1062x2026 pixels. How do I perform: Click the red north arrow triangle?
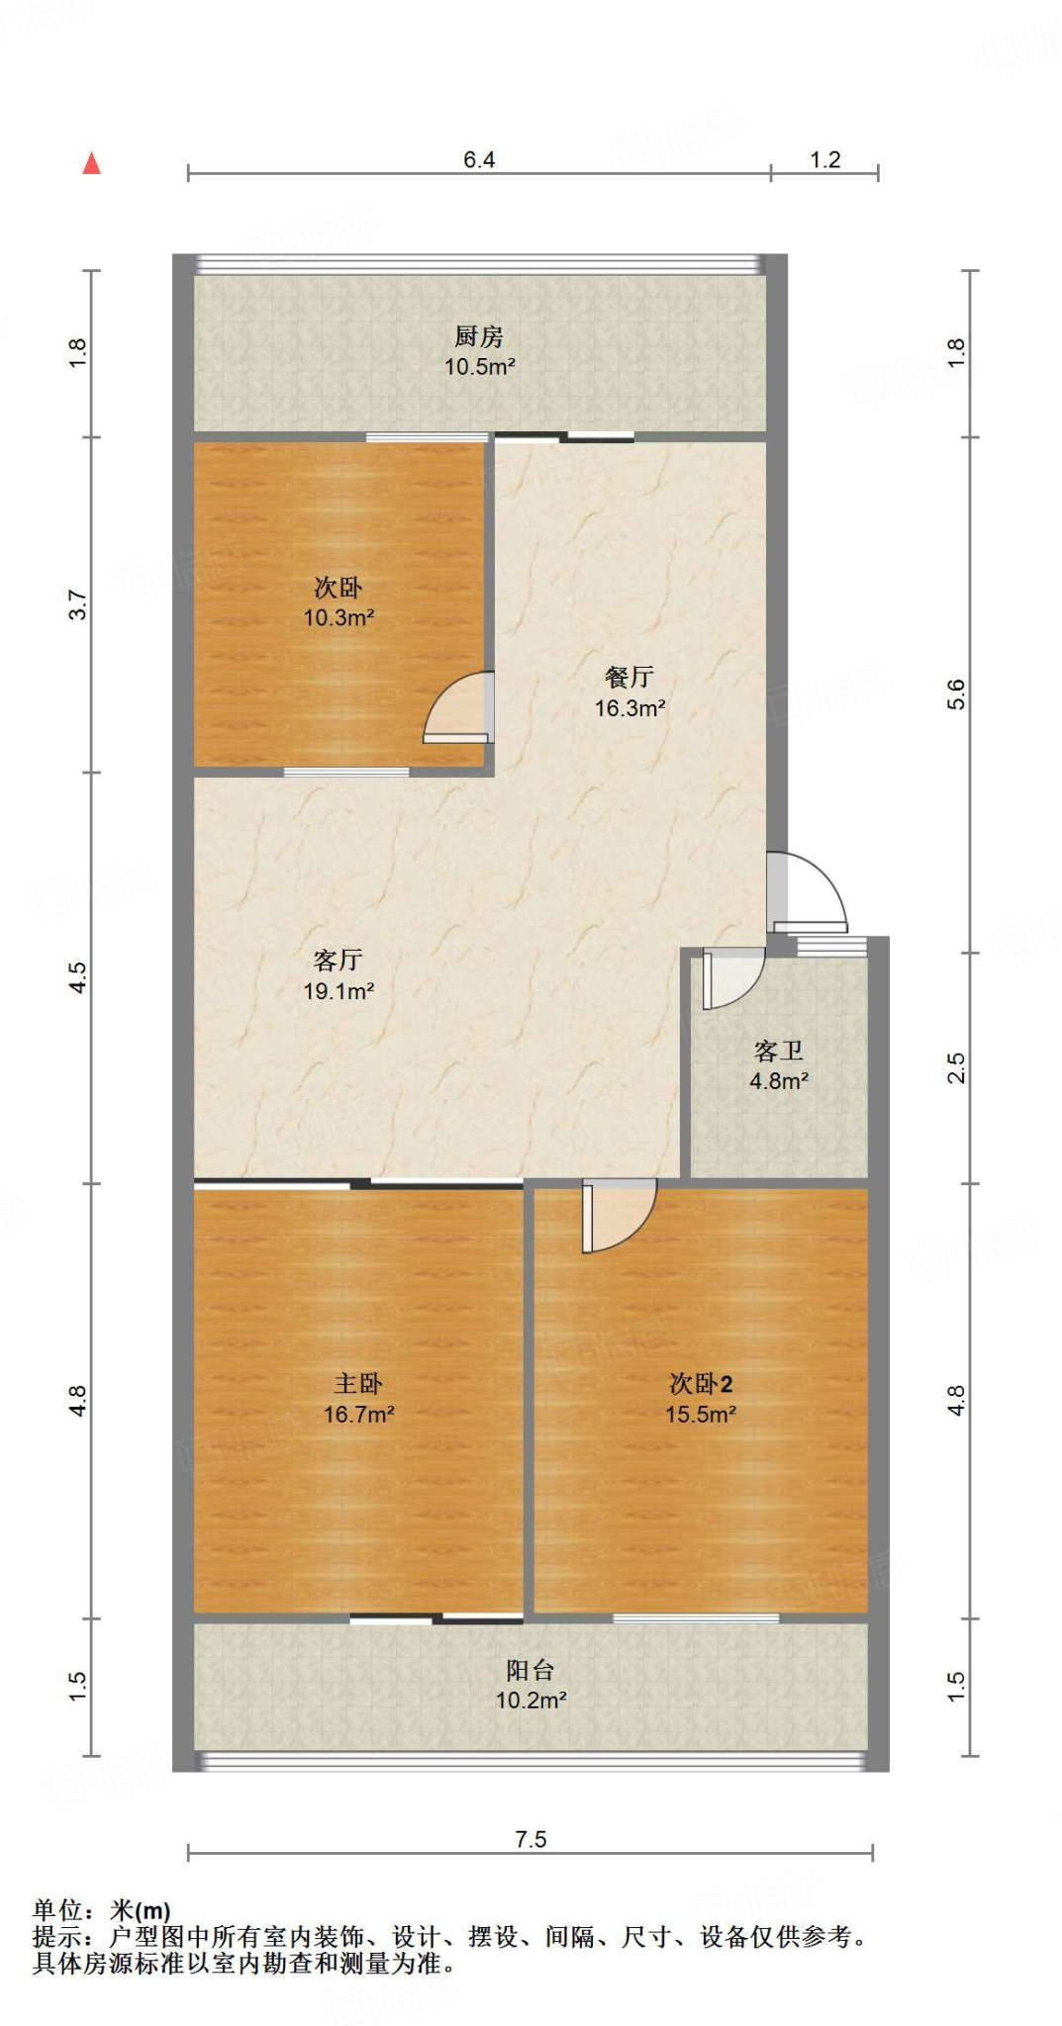(92, 163)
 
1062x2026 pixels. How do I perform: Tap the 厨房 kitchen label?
(479, 337)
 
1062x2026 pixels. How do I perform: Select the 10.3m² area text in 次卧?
(338, 618)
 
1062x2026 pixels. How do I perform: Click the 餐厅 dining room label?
(629, 678)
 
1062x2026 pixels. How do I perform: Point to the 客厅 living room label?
(338, 960)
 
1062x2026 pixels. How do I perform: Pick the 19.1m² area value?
(338, 991)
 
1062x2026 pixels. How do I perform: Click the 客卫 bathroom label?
(779, 1051)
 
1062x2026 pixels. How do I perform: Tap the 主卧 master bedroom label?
(358, 1384)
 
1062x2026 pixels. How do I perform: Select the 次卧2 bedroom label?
(701, 1384)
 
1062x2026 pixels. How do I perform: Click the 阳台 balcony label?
(531, 1671)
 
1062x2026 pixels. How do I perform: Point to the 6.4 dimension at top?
(479, 160)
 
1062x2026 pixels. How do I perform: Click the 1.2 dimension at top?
(825, 160)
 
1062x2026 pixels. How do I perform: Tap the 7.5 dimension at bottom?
(531, 1839)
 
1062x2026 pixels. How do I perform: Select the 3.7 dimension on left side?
(78, 604)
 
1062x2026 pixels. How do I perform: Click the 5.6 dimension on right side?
(956, 694)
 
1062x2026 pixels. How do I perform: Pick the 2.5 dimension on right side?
(956, 1068)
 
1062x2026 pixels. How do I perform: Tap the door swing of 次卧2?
(619, 1215)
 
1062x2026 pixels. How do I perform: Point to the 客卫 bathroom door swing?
(732, 977)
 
